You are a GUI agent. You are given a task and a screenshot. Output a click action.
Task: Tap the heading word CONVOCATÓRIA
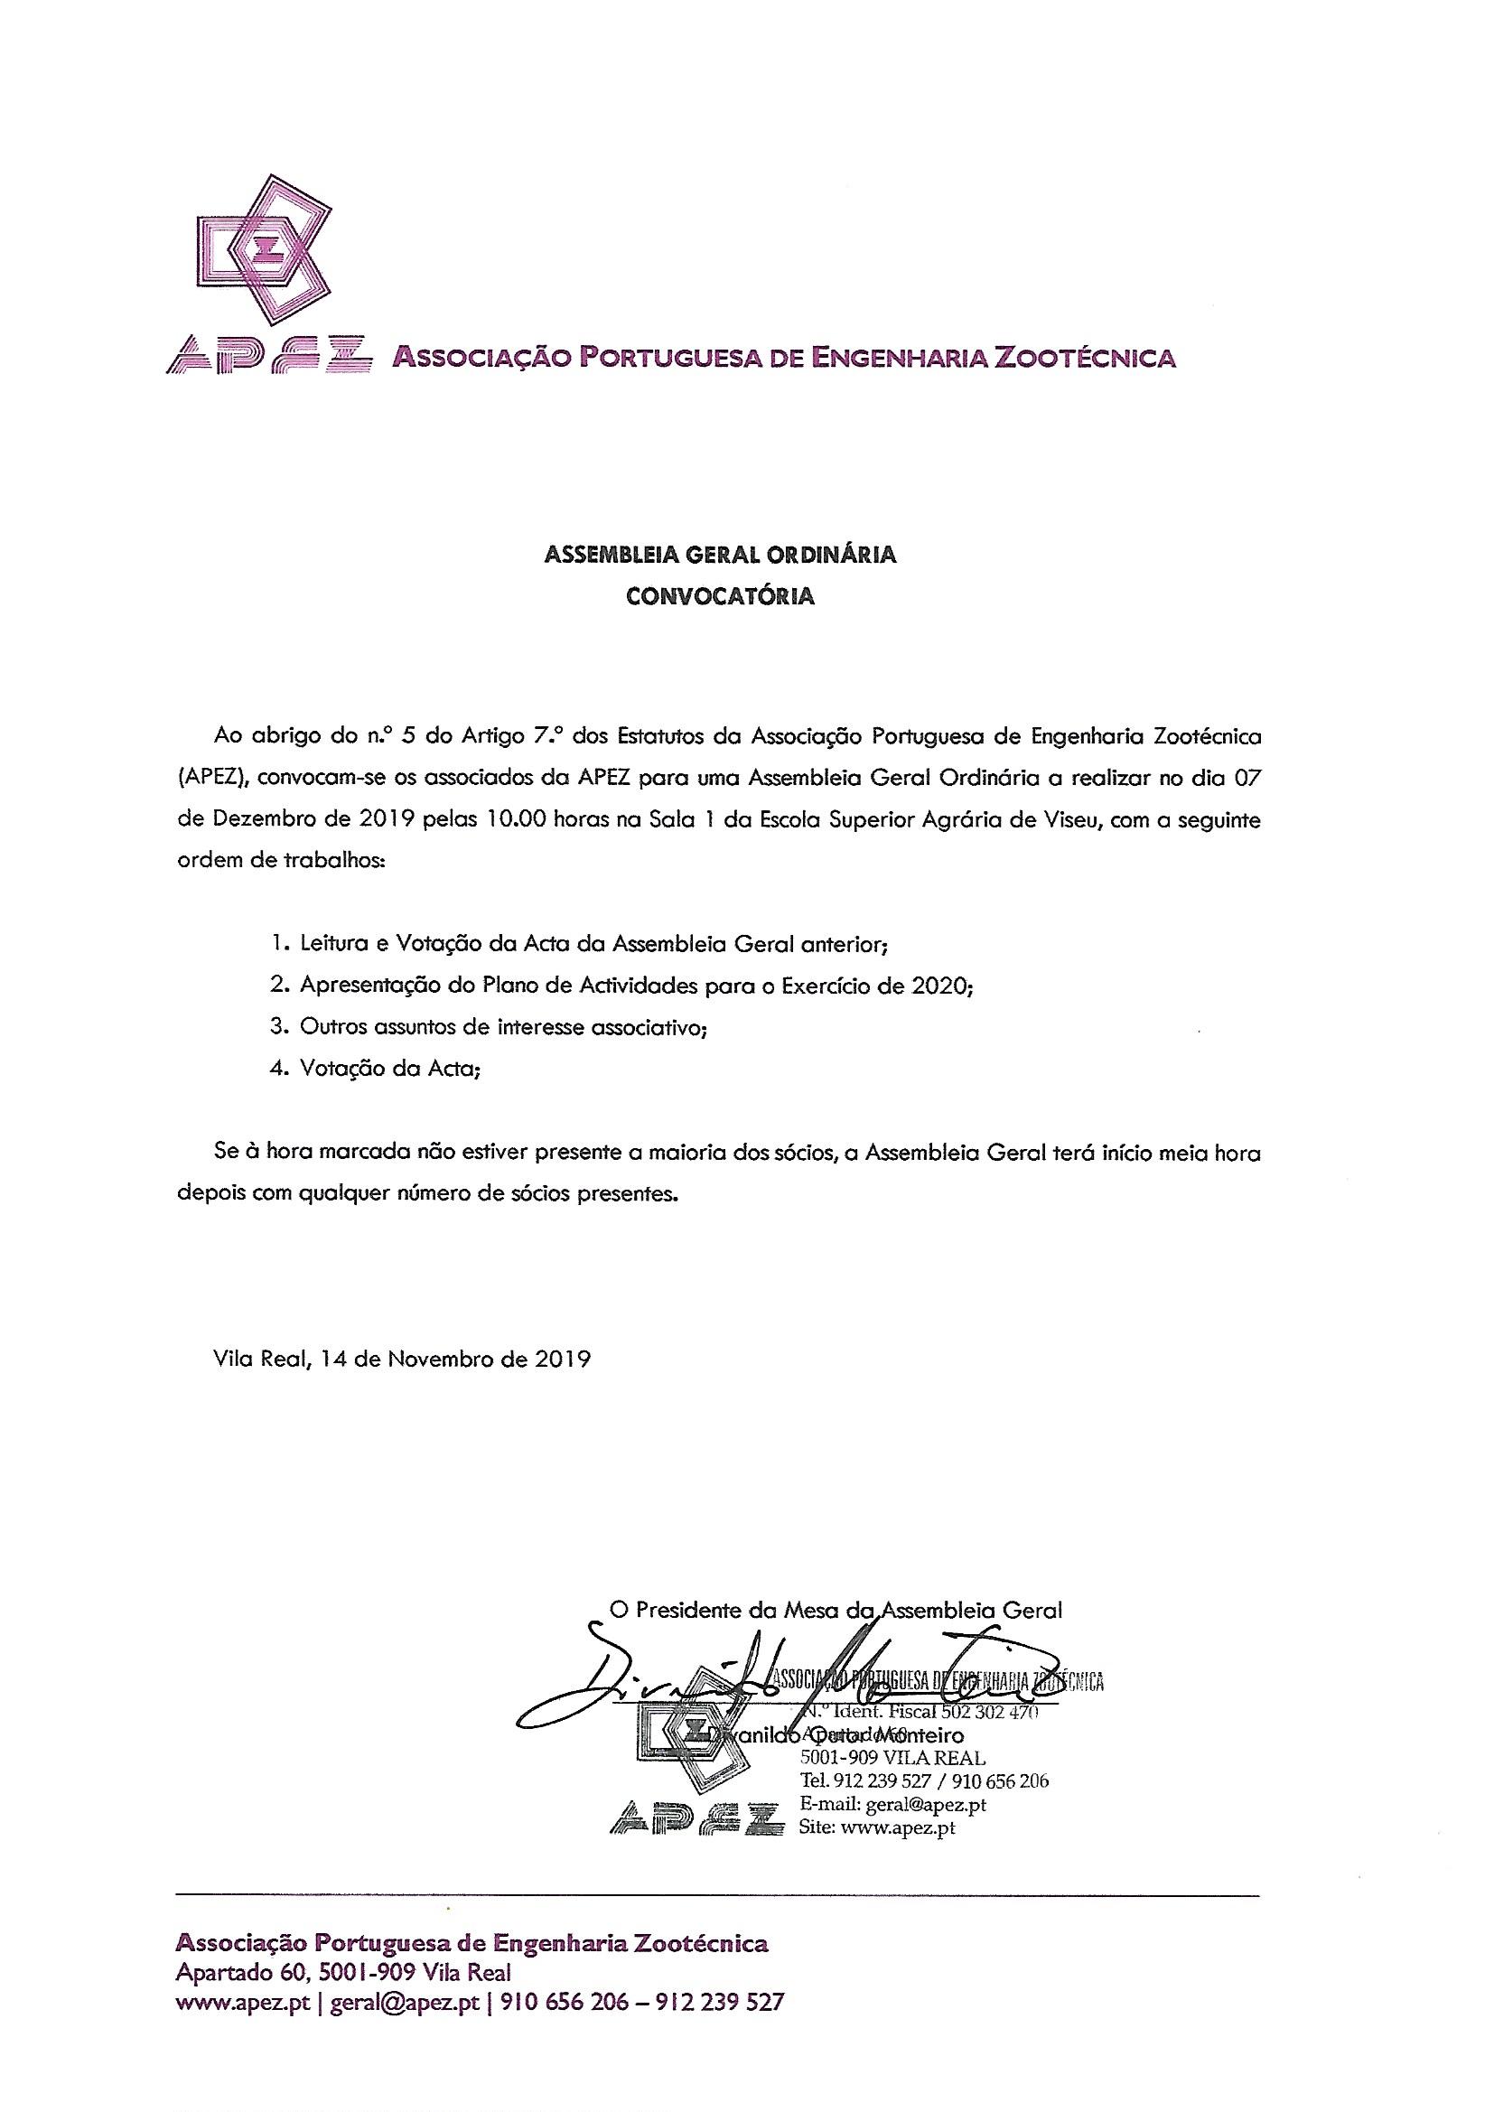tap(720, 596)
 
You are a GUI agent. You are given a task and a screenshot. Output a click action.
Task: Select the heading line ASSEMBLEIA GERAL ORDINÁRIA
tap(720, 555)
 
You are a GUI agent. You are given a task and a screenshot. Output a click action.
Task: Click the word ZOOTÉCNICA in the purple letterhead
tap(1081, 357)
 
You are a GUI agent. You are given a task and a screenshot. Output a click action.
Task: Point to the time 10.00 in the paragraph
tap(516, 820)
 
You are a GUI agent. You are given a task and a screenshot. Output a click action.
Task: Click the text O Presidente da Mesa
tap(714, 1611)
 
